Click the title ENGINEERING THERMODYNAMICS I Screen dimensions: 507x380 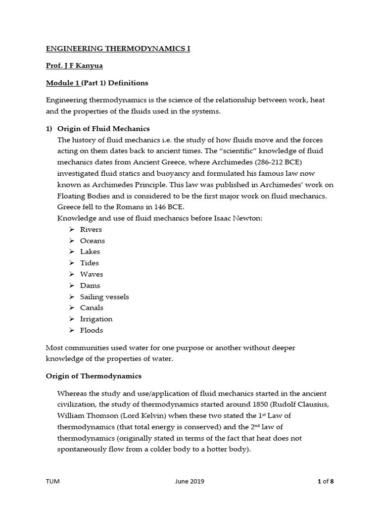118,49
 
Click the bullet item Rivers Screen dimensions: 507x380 91,230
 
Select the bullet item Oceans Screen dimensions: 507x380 93,241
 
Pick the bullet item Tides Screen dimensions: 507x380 90,263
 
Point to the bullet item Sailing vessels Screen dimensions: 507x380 104,297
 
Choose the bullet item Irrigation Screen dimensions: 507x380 96,319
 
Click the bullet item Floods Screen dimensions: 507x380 92,330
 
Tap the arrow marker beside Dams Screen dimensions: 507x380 71,286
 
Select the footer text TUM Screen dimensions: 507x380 52,481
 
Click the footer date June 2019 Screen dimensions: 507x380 189,481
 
